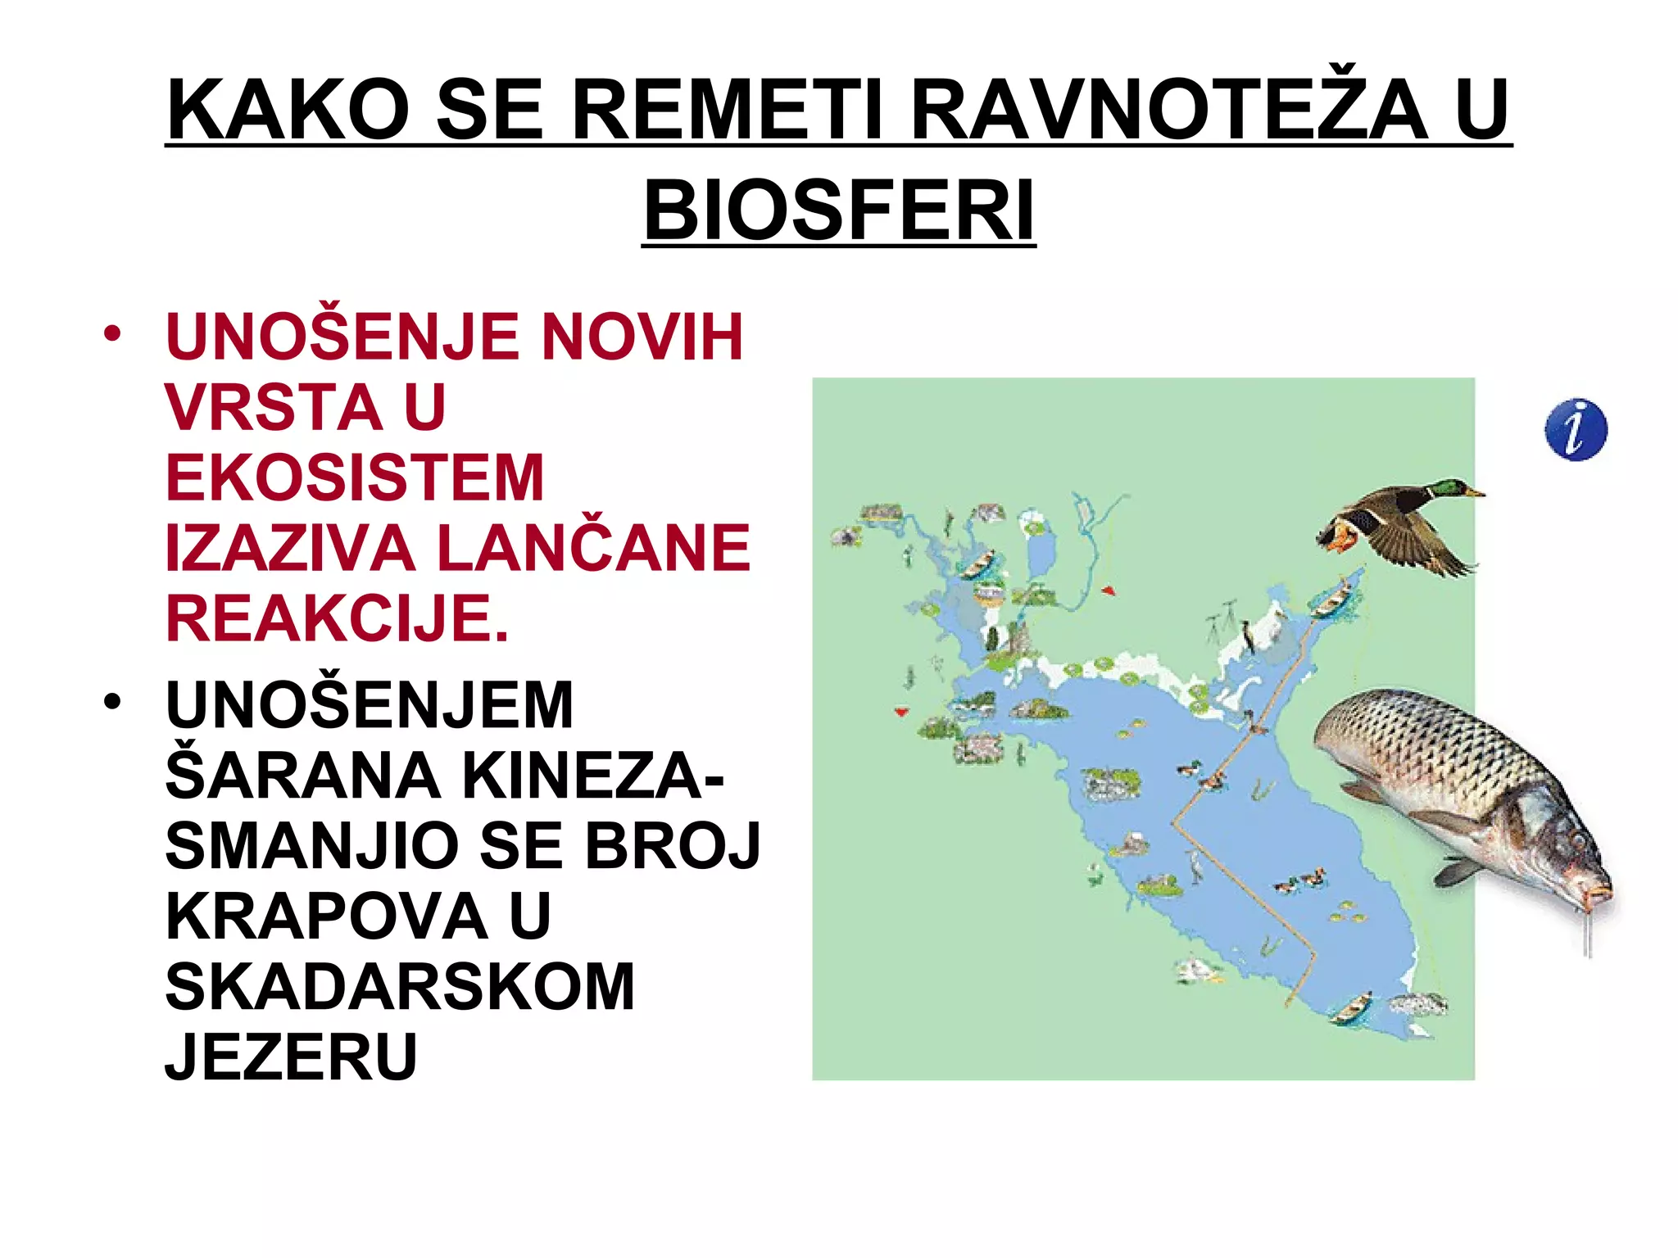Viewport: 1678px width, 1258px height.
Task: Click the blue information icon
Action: pyautogui.click(x=1575, y=430)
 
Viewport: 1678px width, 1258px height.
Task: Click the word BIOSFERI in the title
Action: pyautogui.click(x=839, y=210)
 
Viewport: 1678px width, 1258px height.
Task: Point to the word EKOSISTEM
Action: pyautogui.click(x=355, y=477)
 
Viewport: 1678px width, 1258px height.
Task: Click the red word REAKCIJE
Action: pyautogui.click(x=337, y=618)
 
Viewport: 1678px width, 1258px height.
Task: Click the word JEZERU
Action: pyautogui.click(x=291, y=1057)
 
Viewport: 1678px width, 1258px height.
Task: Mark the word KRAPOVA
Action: pyautogui.click(x=327, y=916)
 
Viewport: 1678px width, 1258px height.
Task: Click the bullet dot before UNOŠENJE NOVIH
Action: pyautogui.click(x=112, y=333)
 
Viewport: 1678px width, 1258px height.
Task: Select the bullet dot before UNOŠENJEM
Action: pyautogui.click(x=112, y=702)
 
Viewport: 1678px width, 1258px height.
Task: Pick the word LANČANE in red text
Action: pyautogui.click(x=594, y=548)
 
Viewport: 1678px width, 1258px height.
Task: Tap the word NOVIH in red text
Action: pyautogui.click(x=641, y=337)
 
